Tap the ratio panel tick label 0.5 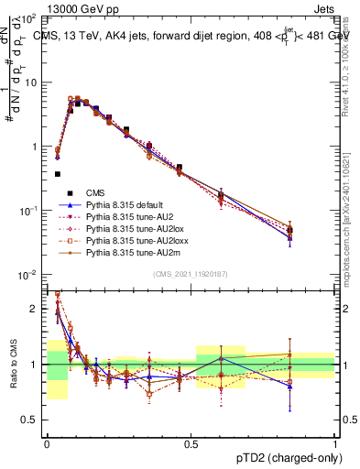tap(29, 420)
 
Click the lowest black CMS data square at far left tap(57, 173)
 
